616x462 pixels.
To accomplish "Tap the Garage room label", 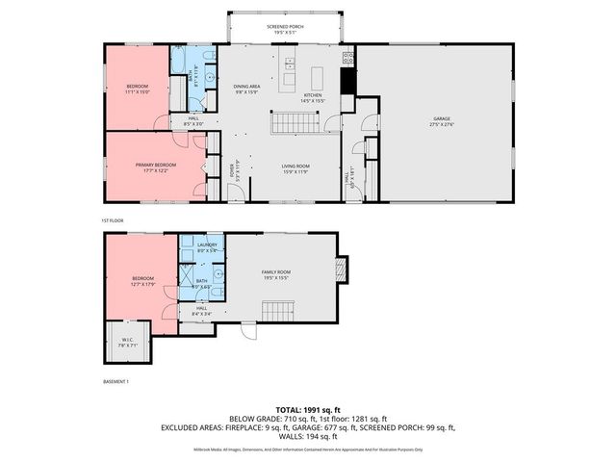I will point(442,119).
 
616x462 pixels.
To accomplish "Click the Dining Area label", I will point(247,89).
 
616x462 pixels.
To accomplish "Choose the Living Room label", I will point(295,167).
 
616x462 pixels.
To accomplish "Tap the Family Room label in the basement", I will point(276,273).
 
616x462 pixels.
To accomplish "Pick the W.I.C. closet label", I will point(128,340).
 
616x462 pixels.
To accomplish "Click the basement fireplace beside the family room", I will point(338,267).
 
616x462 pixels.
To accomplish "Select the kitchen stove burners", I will point(347,58).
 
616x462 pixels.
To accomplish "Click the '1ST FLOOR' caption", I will point(114,220).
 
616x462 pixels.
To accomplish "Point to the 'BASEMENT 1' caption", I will point(117,382).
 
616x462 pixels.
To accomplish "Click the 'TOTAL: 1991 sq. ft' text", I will point(307,409).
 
